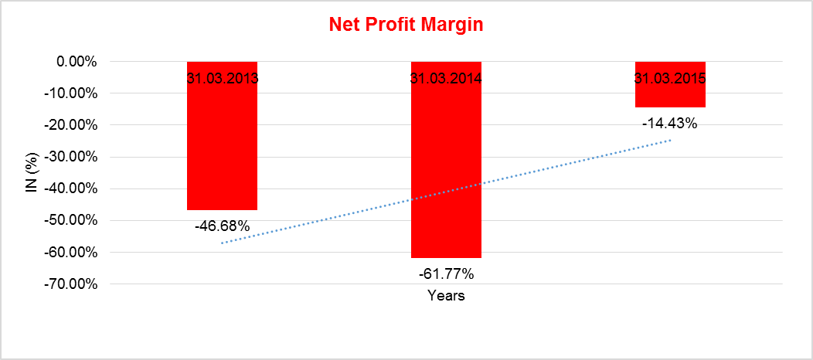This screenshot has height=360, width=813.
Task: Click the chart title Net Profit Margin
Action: [406, 25]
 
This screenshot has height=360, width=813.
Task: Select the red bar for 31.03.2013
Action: [222, 147]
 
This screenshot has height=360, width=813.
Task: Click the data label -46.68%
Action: [222, 226]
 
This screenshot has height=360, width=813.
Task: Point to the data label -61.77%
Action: [446, 273]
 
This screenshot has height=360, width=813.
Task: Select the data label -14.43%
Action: [669, 123]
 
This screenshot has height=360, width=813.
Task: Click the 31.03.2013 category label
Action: [222, 78]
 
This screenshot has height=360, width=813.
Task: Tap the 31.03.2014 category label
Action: [446, 78]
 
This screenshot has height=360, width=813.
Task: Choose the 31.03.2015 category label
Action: [670, 78]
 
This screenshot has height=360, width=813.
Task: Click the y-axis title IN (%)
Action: [32, 172]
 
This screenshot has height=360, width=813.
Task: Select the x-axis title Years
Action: [446, 296]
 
